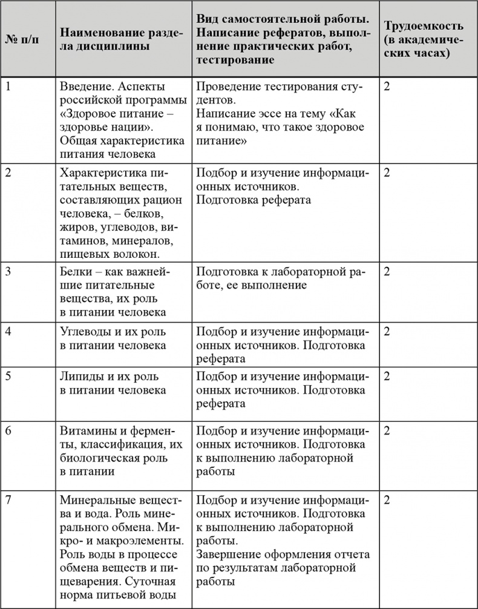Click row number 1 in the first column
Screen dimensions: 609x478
[8, 86]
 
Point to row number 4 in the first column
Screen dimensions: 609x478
[8, 331]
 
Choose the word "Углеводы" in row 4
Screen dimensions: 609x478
[87, 331]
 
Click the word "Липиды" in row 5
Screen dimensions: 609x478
[81, 375]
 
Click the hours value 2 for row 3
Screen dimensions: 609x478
[387, 271]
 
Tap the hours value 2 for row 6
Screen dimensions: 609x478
[387, 430]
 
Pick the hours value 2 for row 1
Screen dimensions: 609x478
[387, 86]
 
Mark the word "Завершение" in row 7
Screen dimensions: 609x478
[229, 555]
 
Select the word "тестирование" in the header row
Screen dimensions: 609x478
[236, 60]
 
